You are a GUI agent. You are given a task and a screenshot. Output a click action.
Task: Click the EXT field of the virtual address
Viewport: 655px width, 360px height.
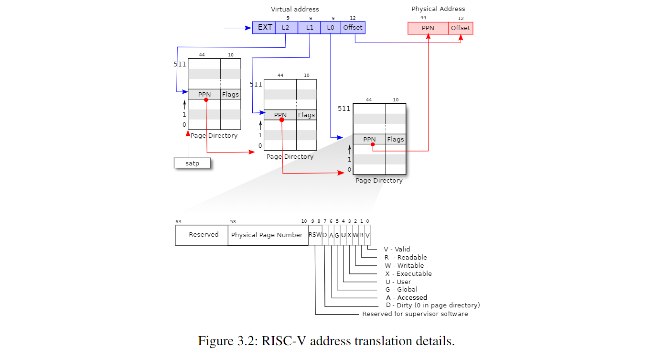click(264, 28)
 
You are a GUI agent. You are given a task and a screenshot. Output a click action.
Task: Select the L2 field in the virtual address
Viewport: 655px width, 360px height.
click(286, 28)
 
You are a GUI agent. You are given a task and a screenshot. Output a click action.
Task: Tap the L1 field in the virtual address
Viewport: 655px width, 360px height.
click(310, 28)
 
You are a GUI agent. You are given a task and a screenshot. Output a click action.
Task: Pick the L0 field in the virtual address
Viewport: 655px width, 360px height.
click(331, 28)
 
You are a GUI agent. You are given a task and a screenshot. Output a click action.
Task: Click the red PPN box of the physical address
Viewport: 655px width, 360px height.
click(428, 28)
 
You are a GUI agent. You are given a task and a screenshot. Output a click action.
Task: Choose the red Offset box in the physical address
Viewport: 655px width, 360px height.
click(461, 28)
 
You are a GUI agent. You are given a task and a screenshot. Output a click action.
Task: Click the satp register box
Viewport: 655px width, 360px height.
click(192, 164)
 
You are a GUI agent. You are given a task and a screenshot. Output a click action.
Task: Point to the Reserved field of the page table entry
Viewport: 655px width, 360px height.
click(204, 235)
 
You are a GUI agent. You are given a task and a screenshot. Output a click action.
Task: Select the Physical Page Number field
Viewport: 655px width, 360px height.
click(267, 235)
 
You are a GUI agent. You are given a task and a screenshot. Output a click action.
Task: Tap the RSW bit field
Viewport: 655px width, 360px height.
click(315, 235)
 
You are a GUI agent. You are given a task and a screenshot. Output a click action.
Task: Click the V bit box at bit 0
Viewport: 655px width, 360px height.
click(367, 235)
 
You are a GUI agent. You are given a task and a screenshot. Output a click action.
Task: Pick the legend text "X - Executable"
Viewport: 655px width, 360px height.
click(408, 274)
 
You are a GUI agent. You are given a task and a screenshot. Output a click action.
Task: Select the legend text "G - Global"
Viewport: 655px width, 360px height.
click(401, 289)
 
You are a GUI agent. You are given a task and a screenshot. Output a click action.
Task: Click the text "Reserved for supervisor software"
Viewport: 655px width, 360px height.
click(415, 314)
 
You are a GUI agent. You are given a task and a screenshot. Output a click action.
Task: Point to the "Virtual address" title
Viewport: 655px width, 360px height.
click(295, 9)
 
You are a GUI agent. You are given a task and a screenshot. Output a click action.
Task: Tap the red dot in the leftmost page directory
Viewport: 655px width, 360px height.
click(206, 100)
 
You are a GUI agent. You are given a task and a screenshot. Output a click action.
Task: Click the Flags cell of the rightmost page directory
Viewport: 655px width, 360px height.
click(396, 140)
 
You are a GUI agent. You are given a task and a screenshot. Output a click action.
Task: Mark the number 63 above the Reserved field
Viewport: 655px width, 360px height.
click(178, 222)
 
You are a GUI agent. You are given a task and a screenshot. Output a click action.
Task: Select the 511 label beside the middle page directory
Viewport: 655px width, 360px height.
click(256, 85)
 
